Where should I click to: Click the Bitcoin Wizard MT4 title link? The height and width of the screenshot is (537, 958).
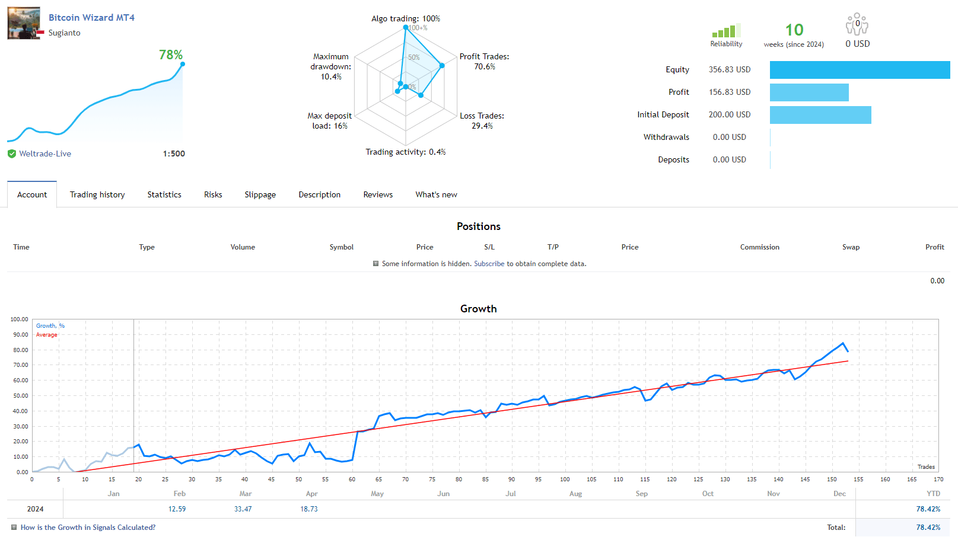91,18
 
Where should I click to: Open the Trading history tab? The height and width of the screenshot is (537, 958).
97,195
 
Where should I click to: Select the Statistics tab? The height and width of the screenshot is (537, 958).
164,195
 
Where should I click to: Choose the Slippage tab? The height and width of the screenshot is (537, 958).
260,195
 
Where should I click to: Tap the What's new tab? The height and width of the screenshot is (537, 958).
436,195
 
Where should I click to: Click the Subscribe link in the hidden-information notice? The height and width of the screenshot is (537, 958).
489,264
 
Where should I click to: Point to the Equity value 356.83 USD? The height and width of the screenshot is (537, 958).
729,69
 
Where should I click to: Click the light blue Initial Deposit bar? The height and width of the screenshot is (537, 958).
820,115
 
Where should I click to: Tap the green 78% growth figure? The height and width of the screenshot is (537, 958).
171,55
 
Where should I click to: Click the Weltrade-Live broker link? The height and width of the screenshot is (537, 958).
45,154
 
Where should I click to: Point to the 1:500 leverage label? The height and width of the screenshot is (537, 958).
174,154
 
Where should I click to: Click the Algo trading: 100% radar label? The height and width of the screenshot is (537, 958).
405,19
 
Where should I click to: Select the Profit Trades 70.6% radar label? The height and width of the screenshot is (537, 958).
484,62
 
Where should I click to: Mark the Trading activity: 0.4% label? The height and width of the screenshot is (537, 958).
405,152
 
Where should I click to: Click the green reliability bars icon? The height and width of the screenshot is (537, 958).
726,31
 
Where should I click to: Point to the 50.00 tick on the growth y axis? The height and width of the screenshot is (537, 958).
19,395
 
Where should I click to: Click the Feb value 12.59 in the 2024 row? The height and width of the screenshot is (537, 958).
177,509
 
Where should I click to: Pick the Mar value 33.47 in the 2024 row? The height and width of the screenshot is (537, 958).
243,509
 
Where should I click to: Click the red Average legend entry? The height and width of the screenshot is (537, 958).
47,335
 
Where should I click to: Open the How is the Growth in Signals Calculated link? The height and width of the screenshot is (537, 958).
88,528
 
